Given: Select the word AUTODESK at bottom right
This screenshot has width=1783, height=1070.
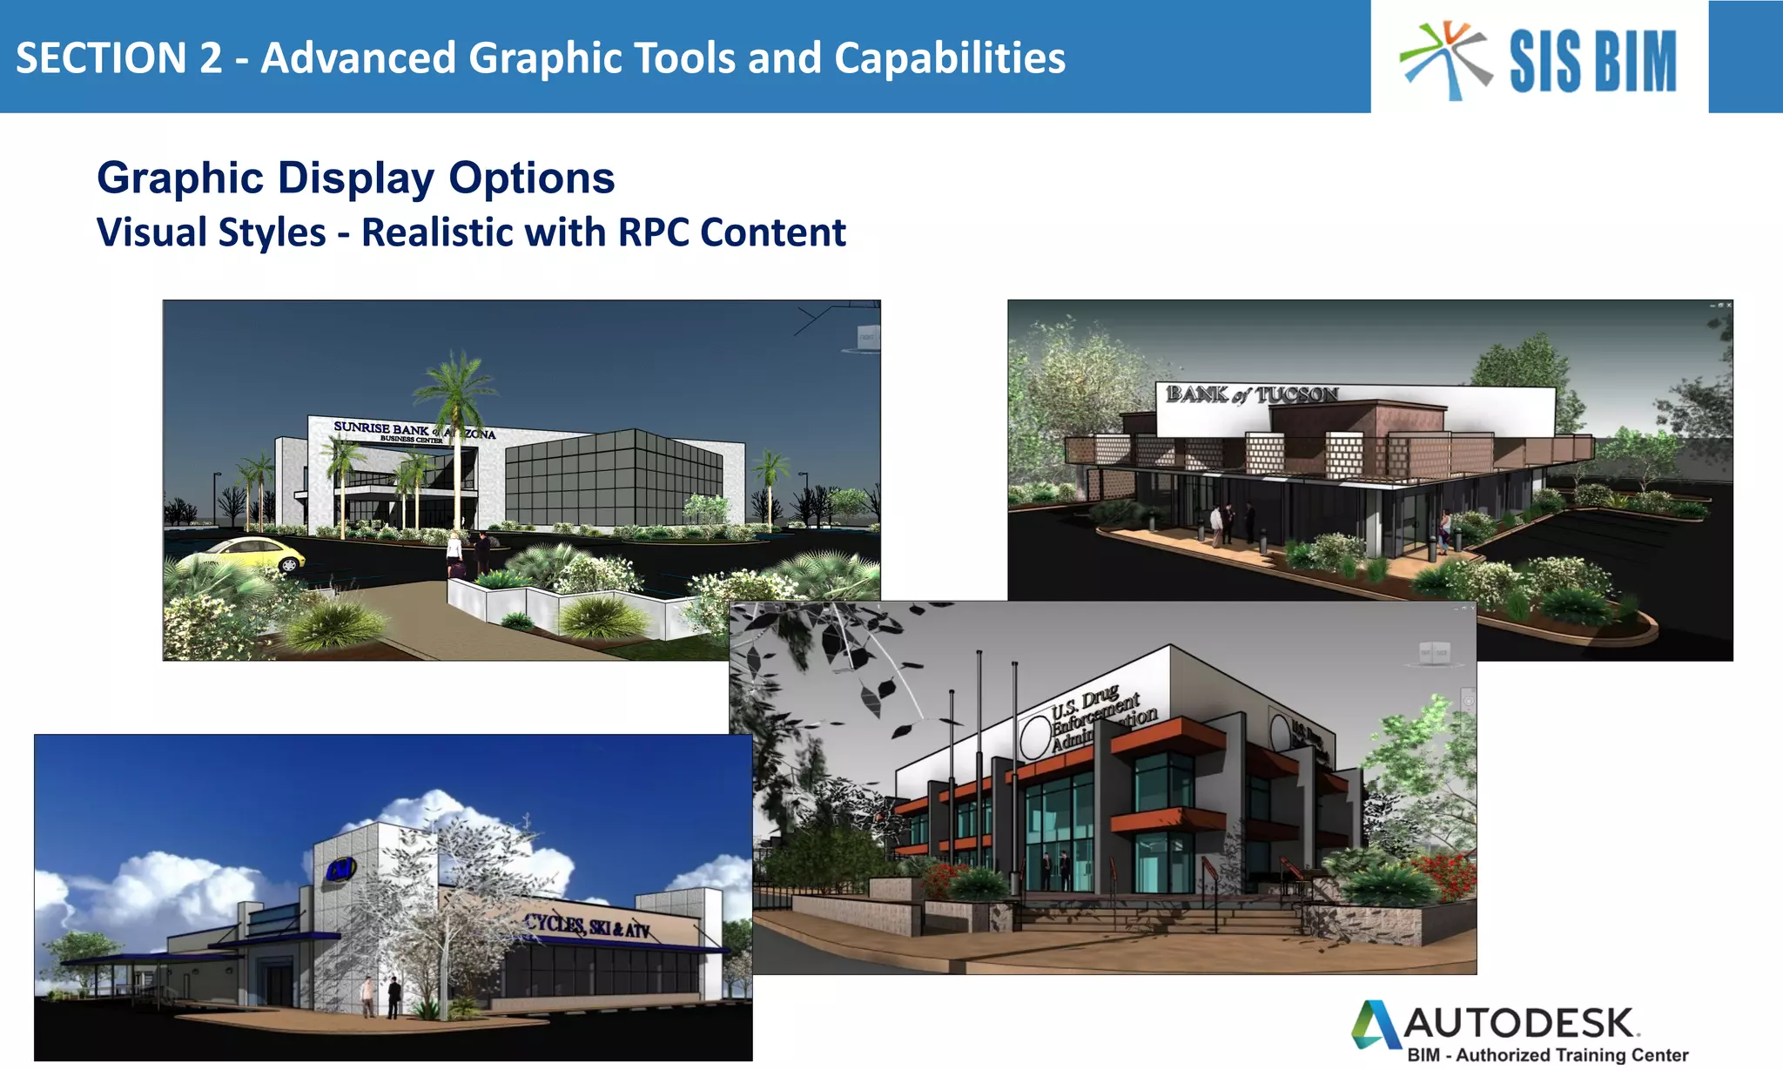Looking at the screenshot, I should tap(1519, 1024).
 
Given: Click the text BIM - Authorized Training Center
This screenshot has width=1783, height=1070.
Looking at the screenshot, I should tap(1547, 1055).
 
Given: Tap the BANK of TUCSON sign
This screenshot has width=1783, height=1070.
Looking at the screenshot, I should tap(1251, 394).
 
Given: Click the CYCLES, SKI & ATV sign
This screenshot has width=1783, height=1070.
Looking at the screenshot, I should tap(588, 926).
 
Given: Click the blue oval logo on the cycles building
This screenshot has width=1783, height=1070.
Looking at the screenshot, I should tap(340, 869).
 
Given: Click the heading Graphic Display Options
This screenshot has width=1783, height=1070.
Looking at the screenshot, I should tap(355, 178).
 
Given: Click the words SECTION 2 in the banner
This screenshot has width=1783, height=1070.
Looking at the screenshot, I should tap(118, 58).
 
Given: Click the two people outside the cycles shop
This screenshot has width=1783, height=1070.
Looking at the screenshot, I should tap(381, 997).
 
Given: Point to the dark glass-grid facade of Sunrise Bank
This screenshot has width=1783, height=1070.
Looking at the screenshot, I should tap(614, 479).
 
